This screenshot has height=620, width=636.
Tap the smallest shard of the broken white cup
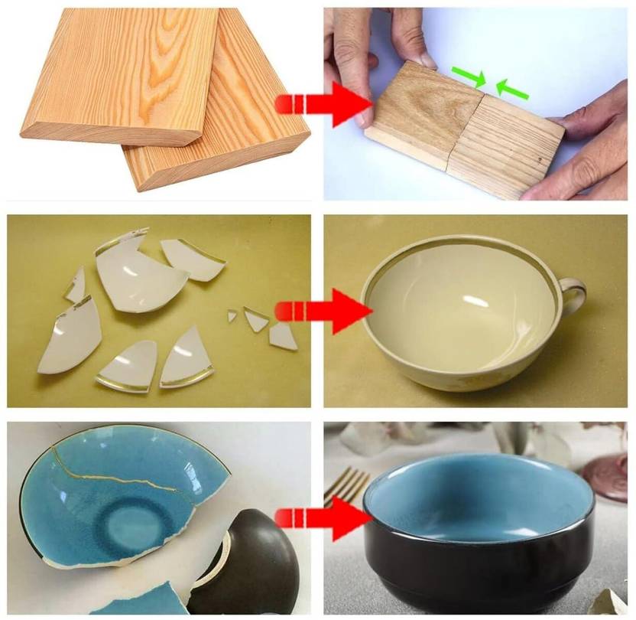(x=232, y=315)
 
